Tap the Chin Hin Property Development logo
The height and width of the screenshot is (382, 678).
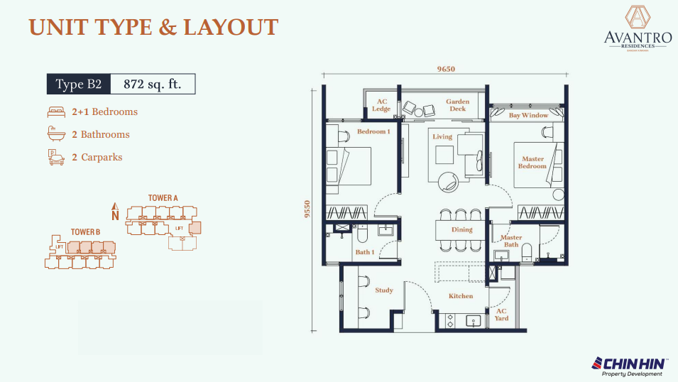tap(629, 366)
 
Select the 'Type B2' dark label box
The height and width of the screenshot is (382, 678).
tap(79, 84)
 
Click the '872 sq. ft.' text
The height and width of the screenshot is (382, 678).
tap(153, 84)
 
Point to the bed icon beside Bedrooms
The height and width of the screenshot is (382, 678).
tap(56, 111)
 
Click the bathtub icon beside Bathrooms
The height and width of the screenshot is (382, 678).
tap(56, 134)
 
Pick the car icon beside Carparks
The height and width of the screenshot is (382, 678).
tap(56, 157)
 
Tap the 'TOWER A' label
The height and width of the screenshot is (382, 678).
tap(163, 197)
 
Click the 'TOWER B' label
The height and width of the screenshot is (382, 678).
tap(85, 232)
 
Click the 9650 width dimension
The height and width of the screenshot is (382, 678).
tap(445, 69)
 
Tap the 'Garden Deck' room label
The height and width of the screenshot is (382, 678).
tap(457, 105)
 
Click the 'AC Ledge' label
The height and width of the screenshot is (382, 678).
tap(381, 105)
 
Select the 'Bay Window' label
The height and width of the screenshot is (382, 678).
tap(528, 115)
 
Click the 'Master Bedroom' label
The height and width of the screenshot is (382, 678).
tap(532, 163)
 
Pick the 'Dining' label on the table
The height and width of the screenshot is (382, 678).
tap(461, 230)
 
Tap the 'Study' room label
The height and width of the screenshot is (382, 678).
tap(384, 290)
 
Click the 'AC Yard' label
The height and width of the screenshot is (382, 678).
tap(501, 315)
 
